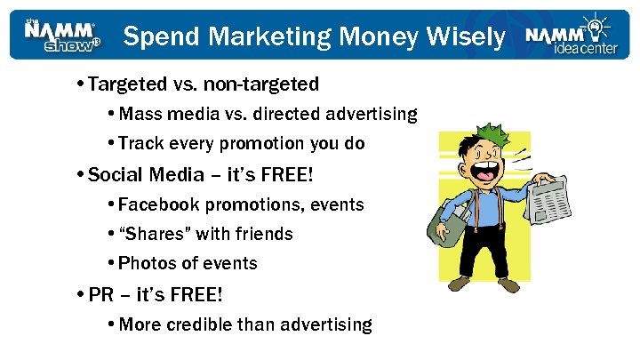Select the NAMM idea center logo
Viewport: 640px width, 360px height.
point(569,36)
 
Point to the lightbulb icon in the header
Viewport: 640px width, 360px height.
point(591,25)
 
